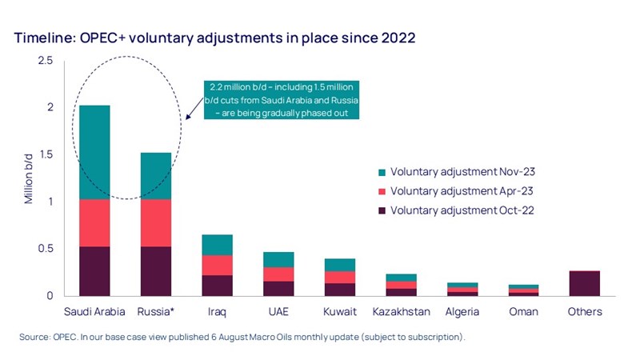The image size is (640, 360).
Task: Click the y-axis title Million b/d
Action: coord(29,178)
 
